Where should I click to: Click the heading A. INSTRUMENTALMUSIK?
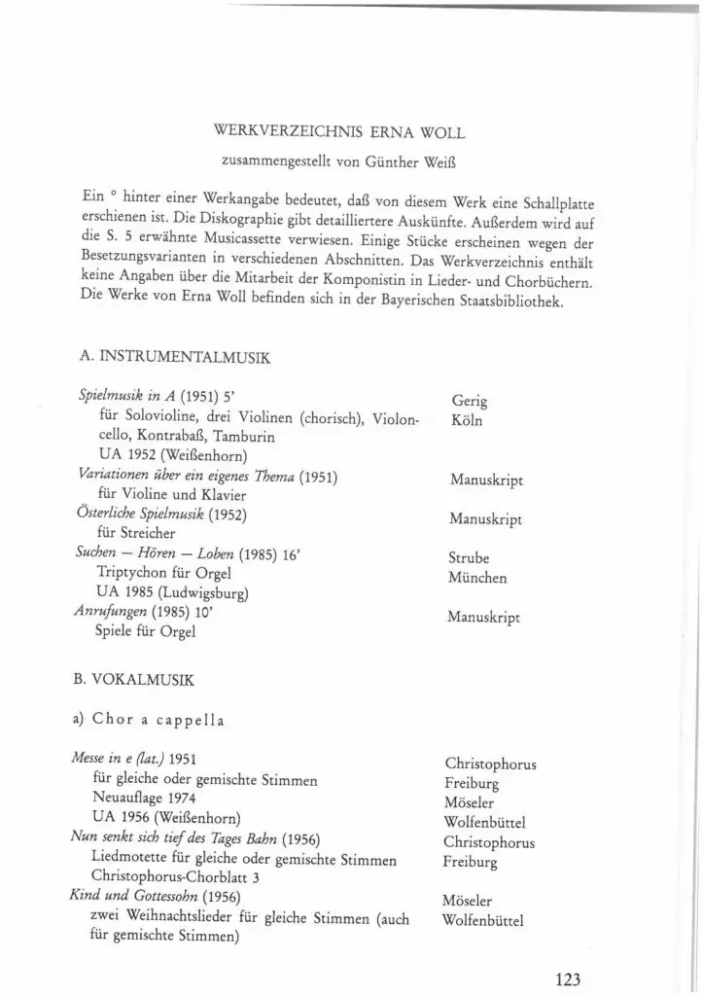point(175,359)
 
